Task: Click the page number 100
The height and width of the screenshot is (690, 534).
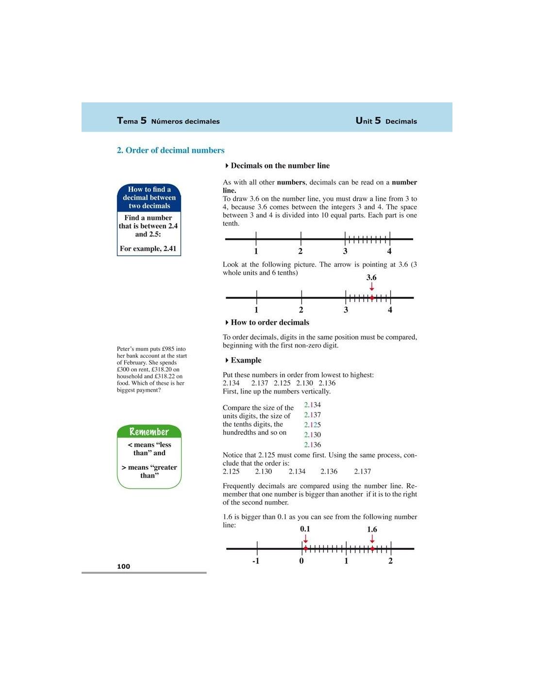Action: [x=123, y=566]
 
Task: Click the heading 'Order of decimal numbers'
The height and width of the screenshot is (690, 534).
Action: [x=170, y=150]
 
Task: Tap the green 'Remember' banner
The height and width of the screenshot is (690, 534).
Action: [x=149, y=432]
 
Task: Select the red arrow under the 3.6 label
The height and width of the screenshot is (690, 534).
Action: [x=372, y=287]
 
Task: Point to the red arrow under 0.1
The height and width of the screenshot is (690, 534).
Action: [x=305, y=539]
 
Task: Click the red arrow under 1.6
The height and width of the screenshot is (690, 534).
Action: [x=372, y=539]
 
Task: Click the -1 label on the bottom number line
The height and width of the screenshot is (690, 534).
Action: [x=256, y=561]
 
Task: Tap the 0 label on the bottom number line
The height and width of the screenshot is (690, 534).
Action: [x=301, y=561]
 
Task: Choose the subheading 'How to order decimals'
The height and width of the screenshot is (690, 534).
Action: [x=269, y=323]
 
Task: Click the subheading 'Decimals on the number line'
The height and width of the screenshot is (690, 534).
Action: [x=280, y=166]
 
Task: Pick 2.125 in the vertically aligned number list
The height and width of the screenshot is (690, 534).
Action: [x=313, y=425]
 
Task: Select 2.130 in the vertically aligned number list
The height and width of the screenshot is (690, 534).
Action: [x=313, y=435]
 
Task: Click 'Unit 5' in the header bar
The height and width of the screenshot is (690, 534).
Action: [x=368, y=121]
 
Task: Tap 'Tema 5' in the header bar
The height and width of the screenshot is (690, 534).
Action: [x=132, y=121]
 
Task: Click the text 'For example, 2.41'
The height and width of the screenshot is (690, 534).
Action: [x=148, y=248]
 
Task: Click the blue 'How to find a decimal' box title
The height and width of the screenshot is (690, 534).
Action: [x=149, y=197]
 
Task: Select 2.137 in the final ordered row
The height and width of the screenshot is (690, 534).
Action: [x=363, y=472]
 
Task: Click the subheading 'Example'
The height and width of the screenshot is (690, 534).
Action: [x=246, y=361]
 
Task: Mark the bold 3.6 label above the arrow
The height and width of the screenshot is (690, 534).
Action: [x=371, y=278]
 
